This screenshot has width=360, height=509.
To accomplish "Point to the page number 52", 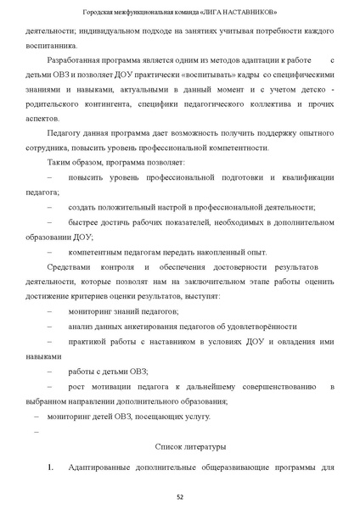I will point(180,496).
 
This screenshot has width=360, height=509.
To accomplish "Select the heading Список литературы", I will point(191,445).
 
